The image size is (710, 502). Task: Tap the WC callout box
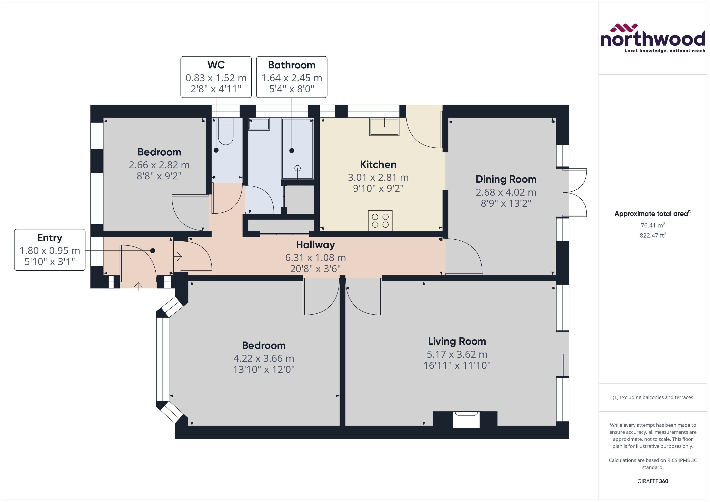point(216,77)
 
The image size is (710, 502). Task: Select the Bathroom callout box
point(292,77)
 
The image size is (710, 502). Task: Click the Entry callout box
point(49,250)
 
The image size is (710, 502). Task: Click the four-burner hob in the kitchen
point(380,221)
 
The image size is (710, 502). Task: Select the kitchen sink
point(384,127)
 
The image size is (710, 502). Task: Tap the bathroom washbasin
point(259,124)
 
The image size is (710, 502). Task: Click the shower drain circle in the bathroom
point(298,168)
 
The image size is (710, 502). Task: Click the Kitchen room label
point(378,164)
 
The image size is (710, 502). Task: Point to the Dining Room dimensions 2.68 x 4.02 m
point(506,192)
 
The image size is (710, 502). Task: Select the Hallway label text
point(315,245)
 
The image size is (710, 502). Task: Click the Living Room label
point(457,341)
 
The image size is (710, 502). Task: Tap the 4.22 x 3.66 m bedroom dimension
point(264,358)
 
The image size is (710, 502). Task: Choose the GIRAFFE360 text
point(652,481)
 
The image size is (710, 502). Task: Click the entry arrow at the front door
point(138,286)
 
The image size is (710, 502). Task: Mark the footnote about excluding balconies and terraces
point(652,397)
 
